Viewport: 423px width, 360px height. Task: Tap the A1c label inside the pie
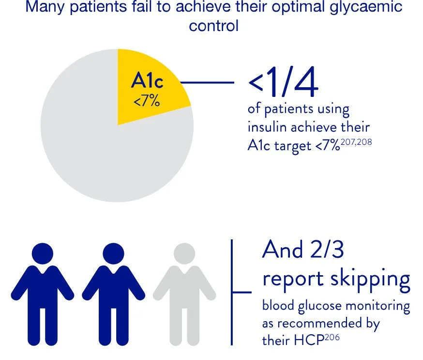[147, 81]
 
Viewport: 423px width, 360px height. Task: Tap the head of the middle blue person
[113, 253]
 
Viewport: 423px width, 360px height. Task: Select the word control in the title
[213, 26]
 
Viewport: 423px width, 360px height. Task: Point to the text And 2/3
[303, 250]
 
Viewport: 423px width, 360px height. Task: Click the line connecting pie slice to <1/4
[208, 82]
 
